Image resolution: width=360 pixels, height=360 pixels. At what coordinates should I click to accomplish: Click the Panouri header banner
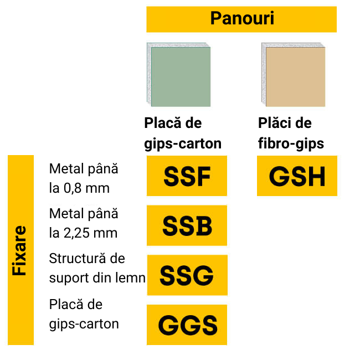(241, 19)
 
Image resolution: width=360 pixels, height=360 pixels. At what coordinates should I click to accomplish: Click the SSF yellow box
(187, 176)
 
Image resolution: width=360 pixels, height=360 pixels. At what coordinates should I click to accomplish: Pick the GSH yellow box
(297, 176)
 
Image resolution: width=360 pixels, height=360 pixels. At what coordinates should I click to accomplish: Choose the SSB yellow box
(187, 225)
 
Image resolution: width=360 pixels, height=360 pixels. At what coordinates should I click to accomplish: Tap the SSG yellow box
(187, 275)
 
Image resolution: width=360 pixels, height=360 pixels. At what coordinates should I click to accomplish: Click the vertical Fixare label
(20, 250)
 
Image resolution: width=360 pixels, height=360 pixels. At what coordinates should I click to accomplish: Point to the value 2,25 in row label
(78, 233)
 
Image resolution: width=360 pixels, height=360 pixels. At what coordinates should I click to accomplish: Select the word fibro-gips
(291, 143)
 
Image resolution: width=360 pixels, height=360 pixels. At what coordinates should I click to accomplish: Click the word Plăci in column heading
(276, 123)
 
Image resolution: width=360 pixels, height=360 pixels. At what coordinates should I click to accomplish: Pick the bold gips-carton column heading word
(183, 143)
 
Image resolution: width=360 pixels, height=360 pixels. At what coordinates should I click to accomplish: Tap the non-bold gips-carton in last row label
(84, 323)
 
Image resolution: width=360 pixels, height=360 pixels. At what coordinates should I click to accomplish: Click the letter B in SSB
(203, 225)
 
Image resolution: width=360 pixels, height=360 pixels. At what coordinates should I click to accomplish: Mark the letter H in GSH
(314, 176)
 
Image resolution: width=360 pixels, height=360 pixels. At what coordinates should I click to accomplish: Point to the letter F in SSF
(203, 176)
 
